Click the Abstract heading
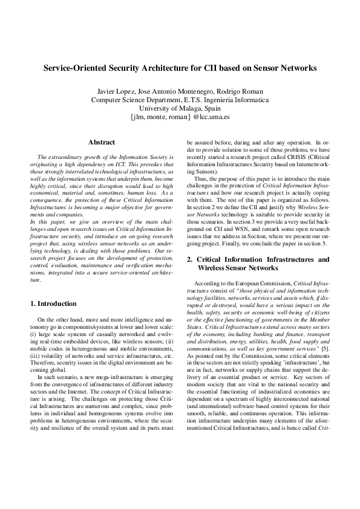[x=101, y=143]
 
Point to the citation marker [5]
[x=324, y=349]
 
